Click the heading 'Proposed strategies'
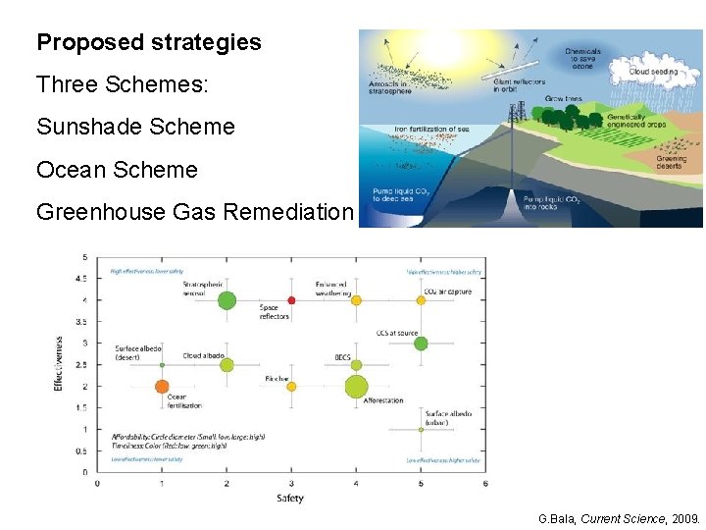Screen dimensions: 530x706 tap(149, 43)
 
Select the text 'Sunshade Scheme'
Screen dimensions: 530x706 tap(135, 127)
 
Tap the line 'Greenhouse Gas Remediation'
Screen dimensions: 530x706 tap(194, 212)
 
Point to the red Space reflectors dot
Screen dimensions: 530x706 tap(291, 300)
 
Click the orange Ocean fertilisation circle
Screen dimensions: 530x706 tap(162, 386)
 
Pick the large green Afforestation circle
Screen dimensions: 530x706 tap(356, 387)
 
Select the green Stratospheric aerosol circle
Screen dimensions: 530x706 tap(227, 300)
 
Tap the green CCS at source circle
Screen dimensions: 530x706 tap(421, 344)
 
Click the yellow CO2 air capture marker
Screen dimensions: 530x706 tap(421, 300)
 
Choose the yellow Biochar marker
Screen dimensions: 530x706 tap(291, 387)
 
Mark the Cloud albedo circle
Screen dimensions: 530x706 tap(227, 365)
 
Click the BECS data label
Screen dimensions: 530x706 tap(343, 357)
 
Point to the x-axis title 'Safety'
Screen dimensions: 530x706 tap(290, 499)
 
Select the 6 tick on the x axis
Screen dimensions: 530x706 tap(485, 483)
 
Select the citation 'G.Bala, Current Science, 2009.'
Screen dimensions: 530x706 tap(619, 517)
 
